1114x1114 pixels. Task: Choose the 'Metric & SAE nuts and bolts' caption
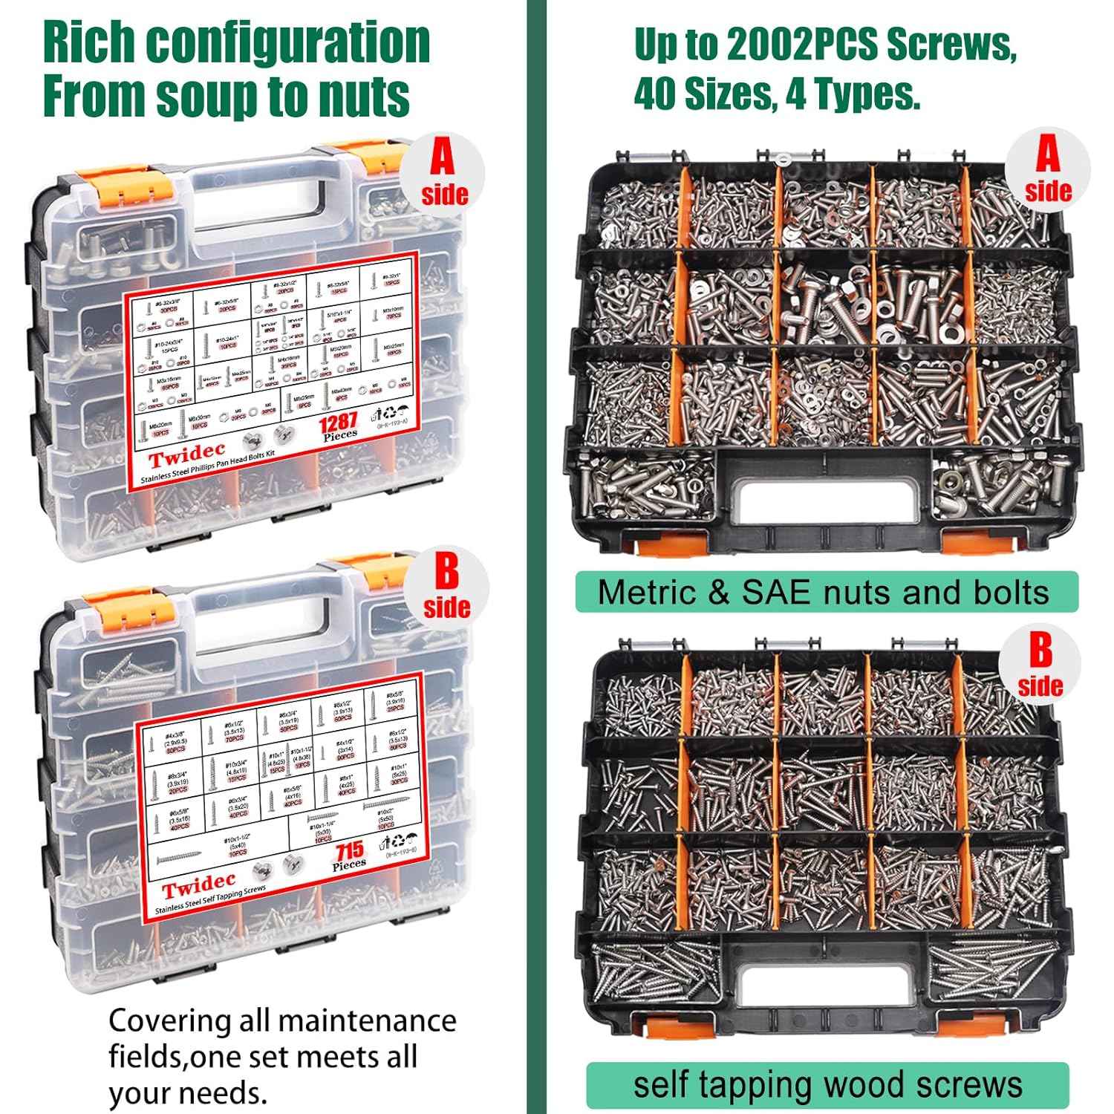[x=824, y=592]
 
